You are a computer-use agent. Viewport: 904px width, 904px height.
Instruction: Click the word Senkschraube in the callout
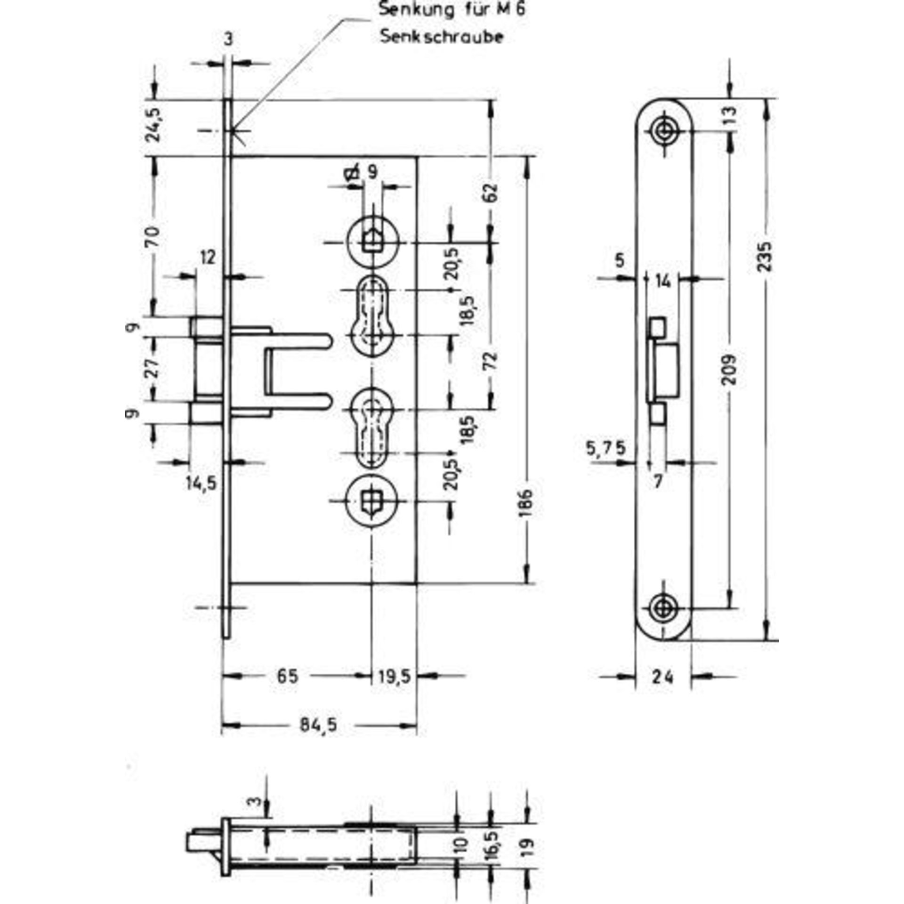click(x=442, y=37)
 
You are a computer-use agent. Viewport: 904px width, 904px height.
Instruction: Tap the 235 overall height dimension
click(x=766, y=257)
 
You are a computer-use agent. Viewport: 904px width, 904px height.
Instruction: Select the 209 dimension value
click(x=729, y=370)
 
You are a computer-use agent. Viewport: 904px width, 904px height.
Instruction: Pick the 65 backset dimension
click(x=287, y=677)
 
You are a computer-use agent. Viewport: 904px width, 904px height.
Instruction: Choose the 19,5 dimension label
click(x=395, y=677)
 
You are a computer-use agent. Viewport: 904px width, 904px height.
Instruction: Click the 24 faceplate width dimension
click(x=663, y=677)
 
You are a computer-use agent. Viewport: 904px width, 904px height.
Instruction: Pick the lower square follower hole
click(x=372, y=501)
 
